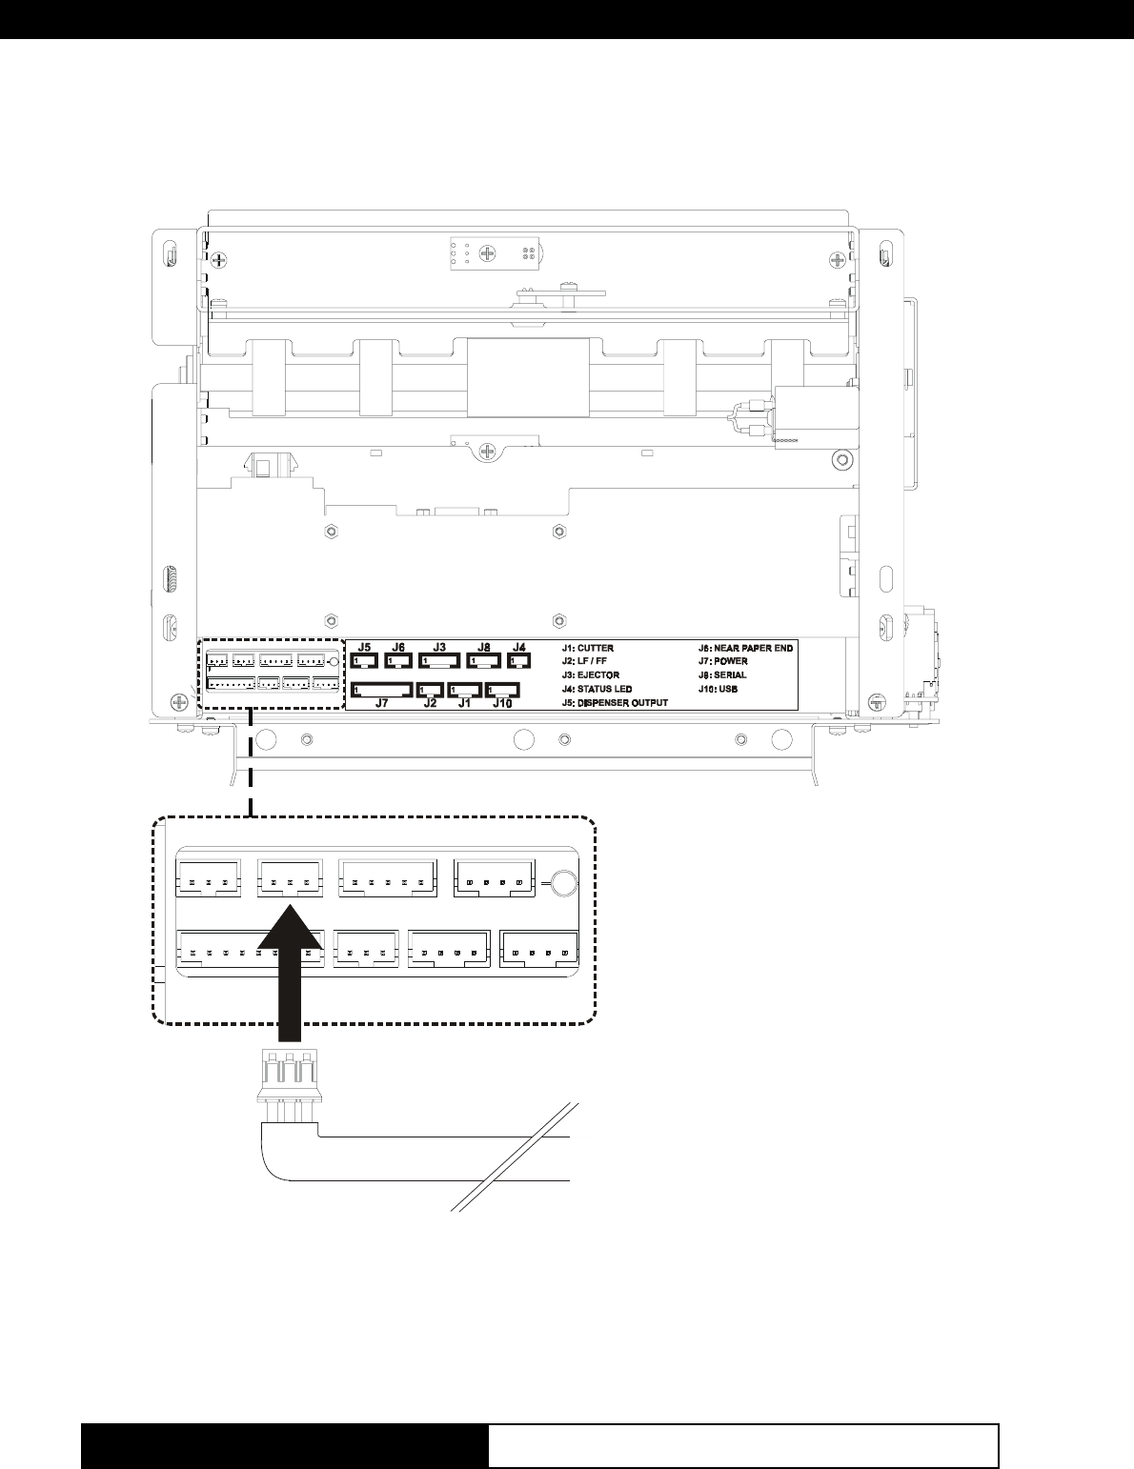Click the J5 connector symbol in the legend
[364, 660]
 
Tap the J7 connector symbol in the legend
[382, 690]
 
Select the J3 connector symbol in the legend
[439, 660]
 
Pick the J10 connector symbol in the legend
[502, 691]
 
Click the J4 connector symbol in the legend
[518, 660]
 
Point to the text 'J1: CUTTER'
[588, 648]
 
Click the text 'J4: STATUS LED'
[597, 689]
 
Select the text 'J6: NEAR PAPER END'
[746, 648]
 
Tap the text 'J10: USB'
[719, 689]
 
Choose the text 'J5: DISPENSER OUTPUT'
[615, 703]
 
